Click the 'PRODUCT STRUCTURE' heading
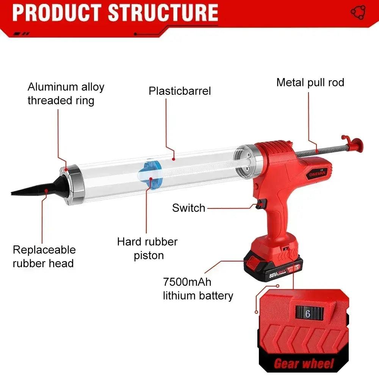point(115,13)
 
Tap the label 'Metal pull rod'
point(310,82)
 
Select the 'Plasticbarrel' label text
point(180,91)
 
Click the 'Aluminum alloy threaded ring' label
point(66,94)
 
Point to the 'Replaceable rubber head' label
point(44,257)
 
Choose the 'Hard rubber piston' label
point(147,249)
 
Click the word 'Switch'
point(188,208)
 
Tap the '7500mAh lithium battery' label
point(198,289)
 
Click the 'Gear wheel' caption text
point(304,364)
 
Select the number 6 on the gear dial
point(307,314)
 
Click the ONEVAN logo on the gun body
point(317,173)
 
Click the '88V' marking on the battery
point(273,275)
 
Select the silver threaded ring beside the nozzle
point(72,185)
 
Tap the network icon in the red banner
point(358,12)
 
